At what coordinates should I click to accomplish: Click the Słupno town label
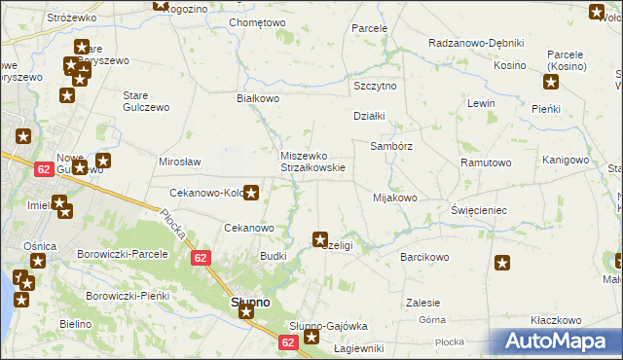coord(249,303)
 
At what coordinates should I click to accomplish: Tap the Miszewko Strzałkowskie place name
coord(307,162)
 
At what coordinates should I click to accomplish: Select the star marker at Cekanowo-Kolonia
coord(251,192)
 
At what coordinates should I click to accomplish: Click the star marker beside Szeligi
coord(319,238)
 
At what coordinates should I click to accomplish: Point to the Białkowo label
coord(259,98)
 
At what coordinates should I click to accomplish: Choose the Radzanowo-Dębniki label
coord(476,44)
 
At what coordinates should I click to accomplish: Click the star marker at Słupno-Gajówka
coord(311,338)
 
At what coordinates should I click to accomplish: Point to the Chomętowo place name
coord(257,22)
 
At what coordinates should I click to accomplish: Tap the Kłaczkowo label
coord(556,320)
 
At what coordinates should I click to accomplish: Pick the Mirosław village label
coord(179,162)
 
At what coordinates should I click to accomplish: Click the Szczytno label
coord(375,86)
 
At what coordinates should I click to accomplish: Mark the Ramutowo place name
coord(486,162)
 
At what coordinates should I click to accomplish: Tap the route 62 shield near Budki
coord(200,257)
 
